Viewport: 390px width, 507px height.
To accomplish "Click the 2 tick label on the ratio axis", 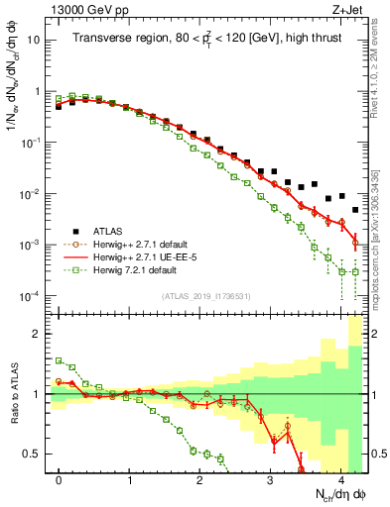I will [x=38, y=334].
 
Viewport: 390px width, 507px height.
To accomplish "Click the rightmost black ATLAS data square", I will [x=355, y=210].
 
